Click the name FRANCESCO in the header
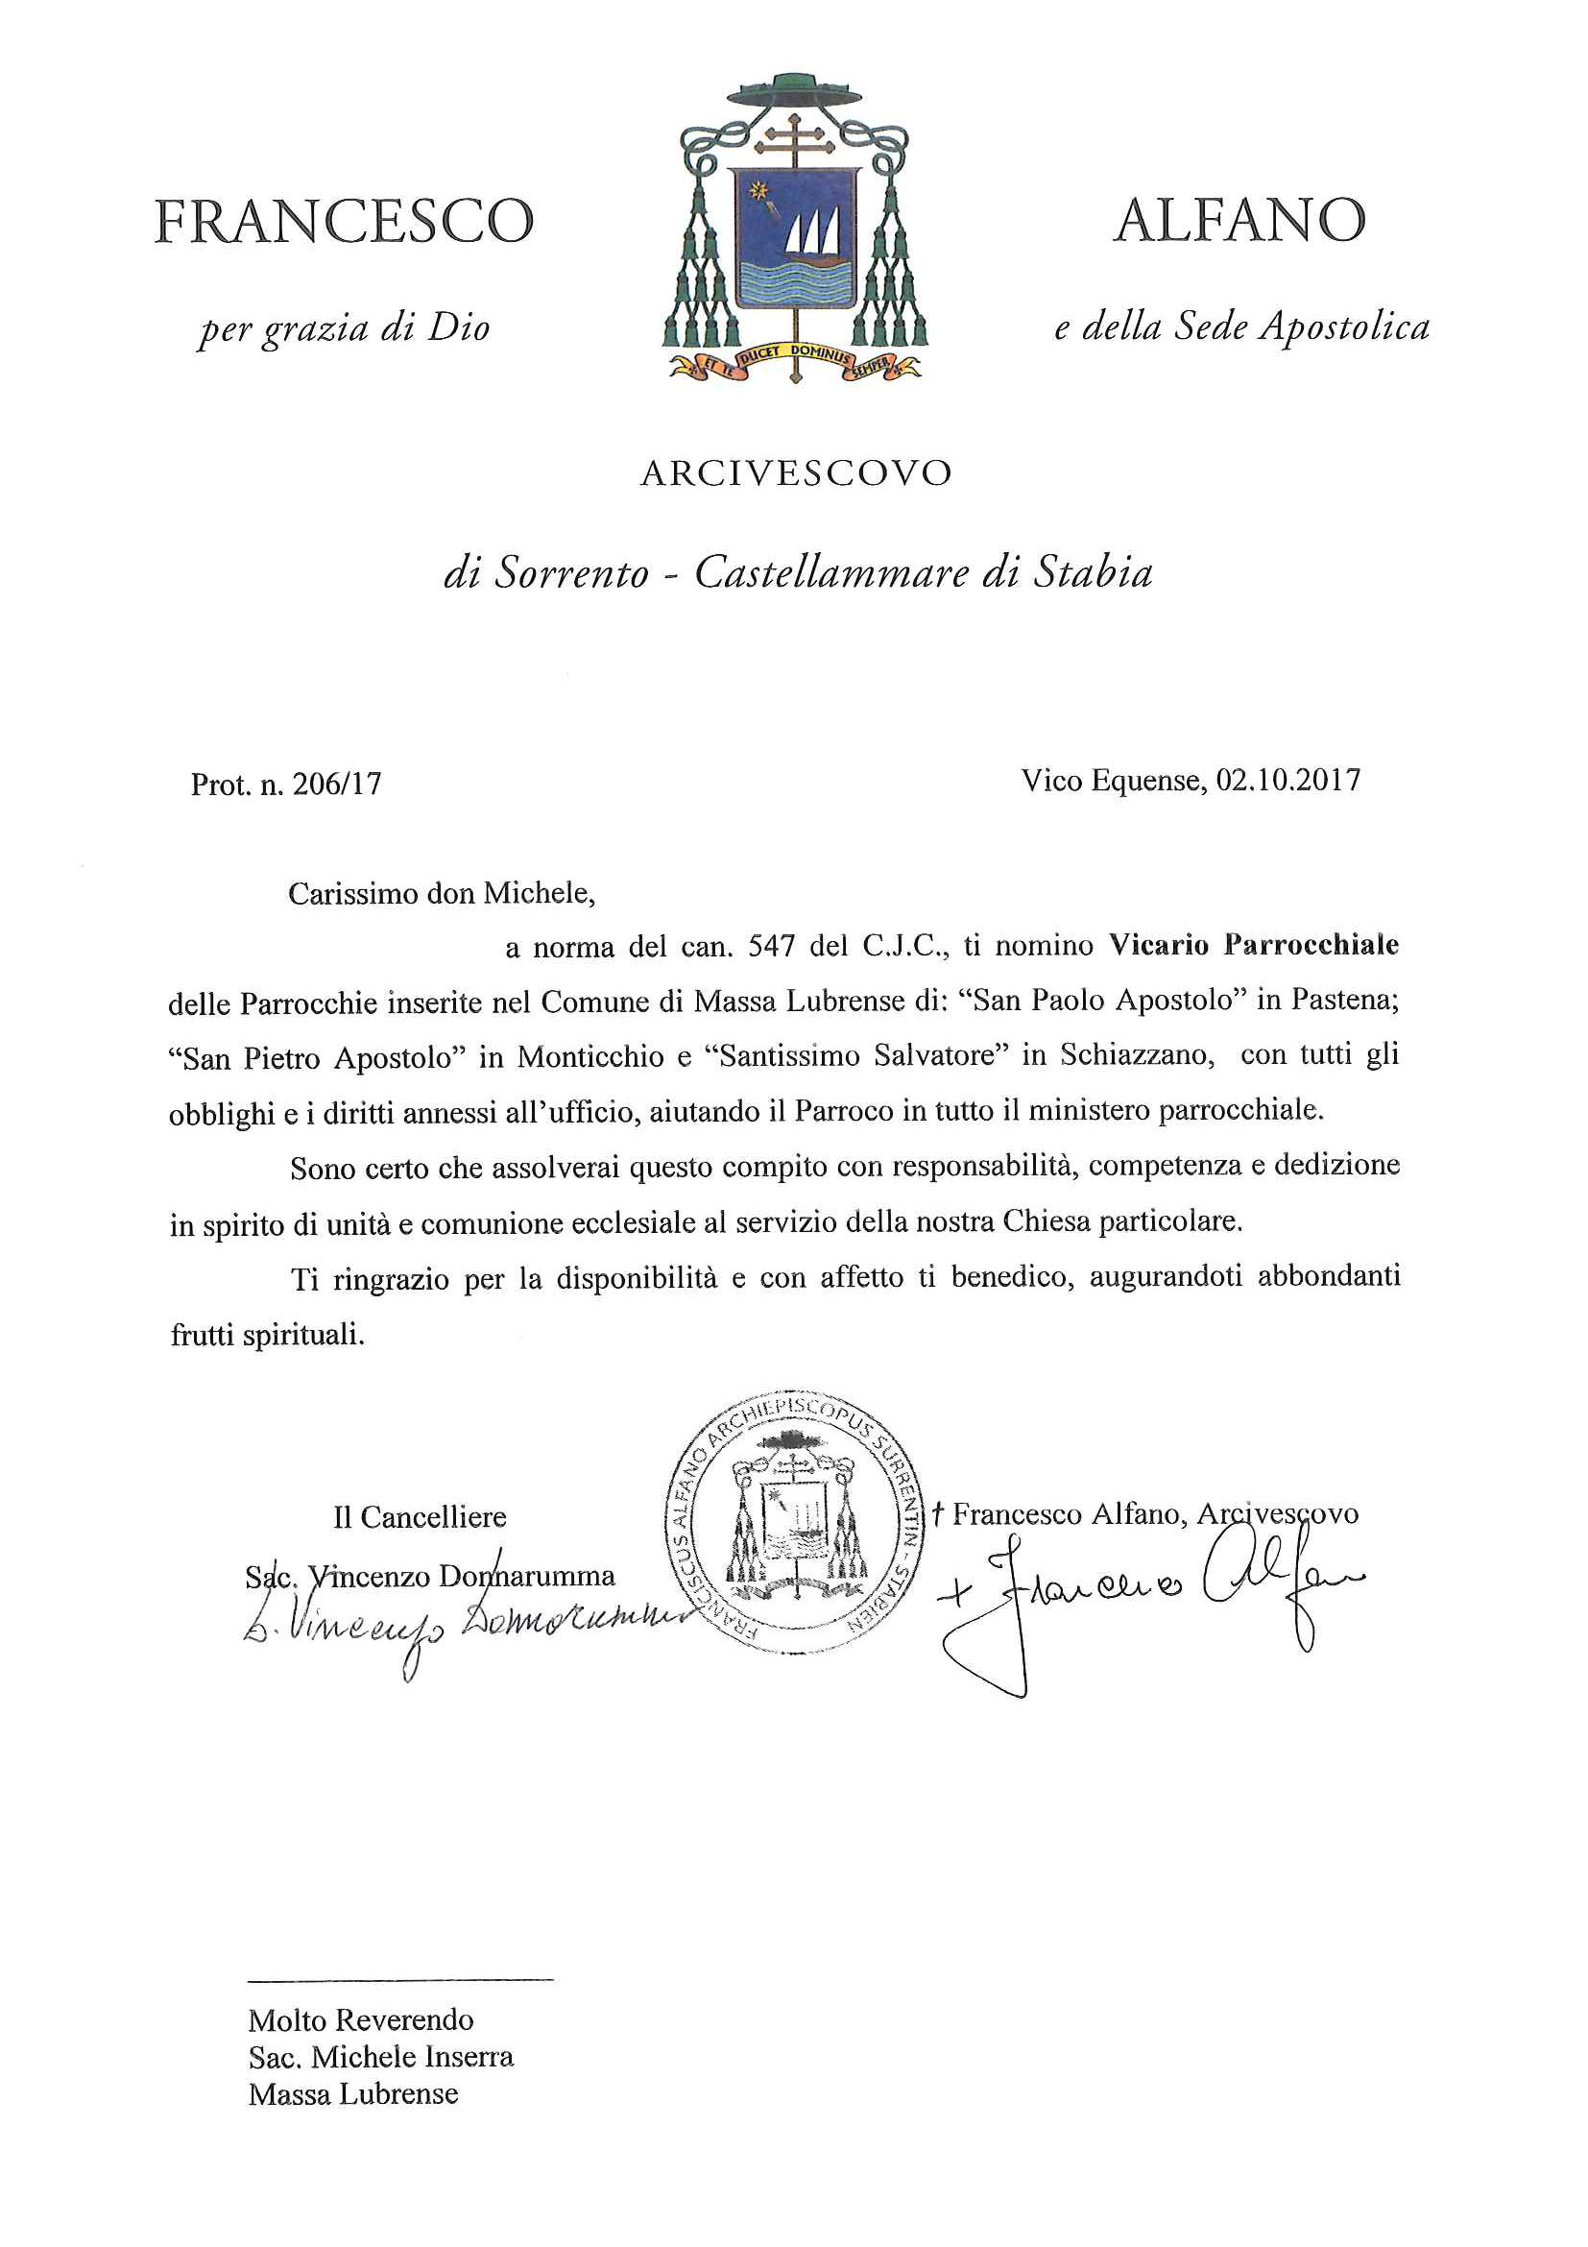pos(344,222)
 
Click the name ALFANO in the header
pos(1239,221)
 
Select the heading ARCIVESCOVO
pos(796,473)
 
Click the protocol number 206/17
pos(337,784)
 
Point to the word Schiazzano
pos(1137,1056)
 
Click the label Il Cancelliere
pos(420,1517)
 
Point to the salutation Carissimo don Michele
pos(442,893)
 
